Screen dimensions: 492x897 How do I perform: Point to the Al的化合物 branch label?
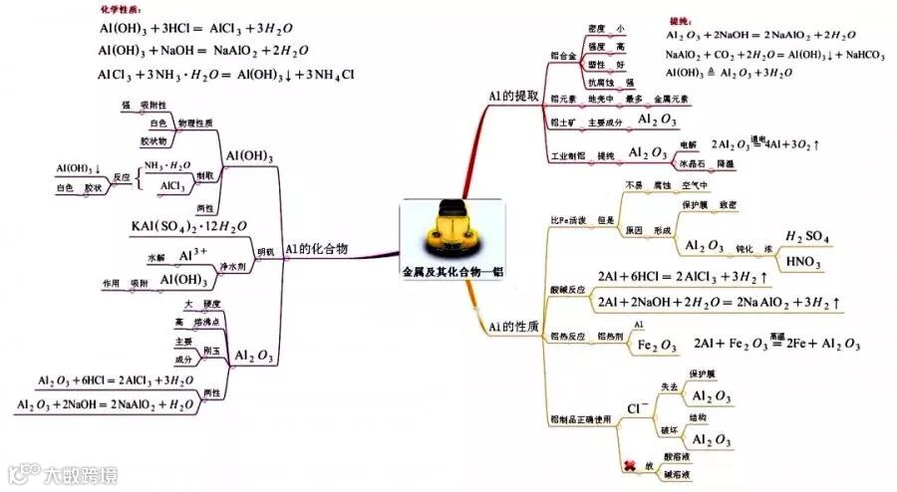coord(316,249)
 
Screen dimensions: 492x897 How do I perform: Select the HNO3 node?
coord(803,262)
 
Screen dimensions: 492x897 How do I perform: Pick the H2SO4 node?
coord(807,236)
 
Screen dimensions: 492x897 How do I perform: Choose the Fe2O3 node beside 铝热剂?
coord(658,345)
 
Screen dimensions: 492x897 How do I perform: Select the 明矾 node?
coord(264,251)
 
